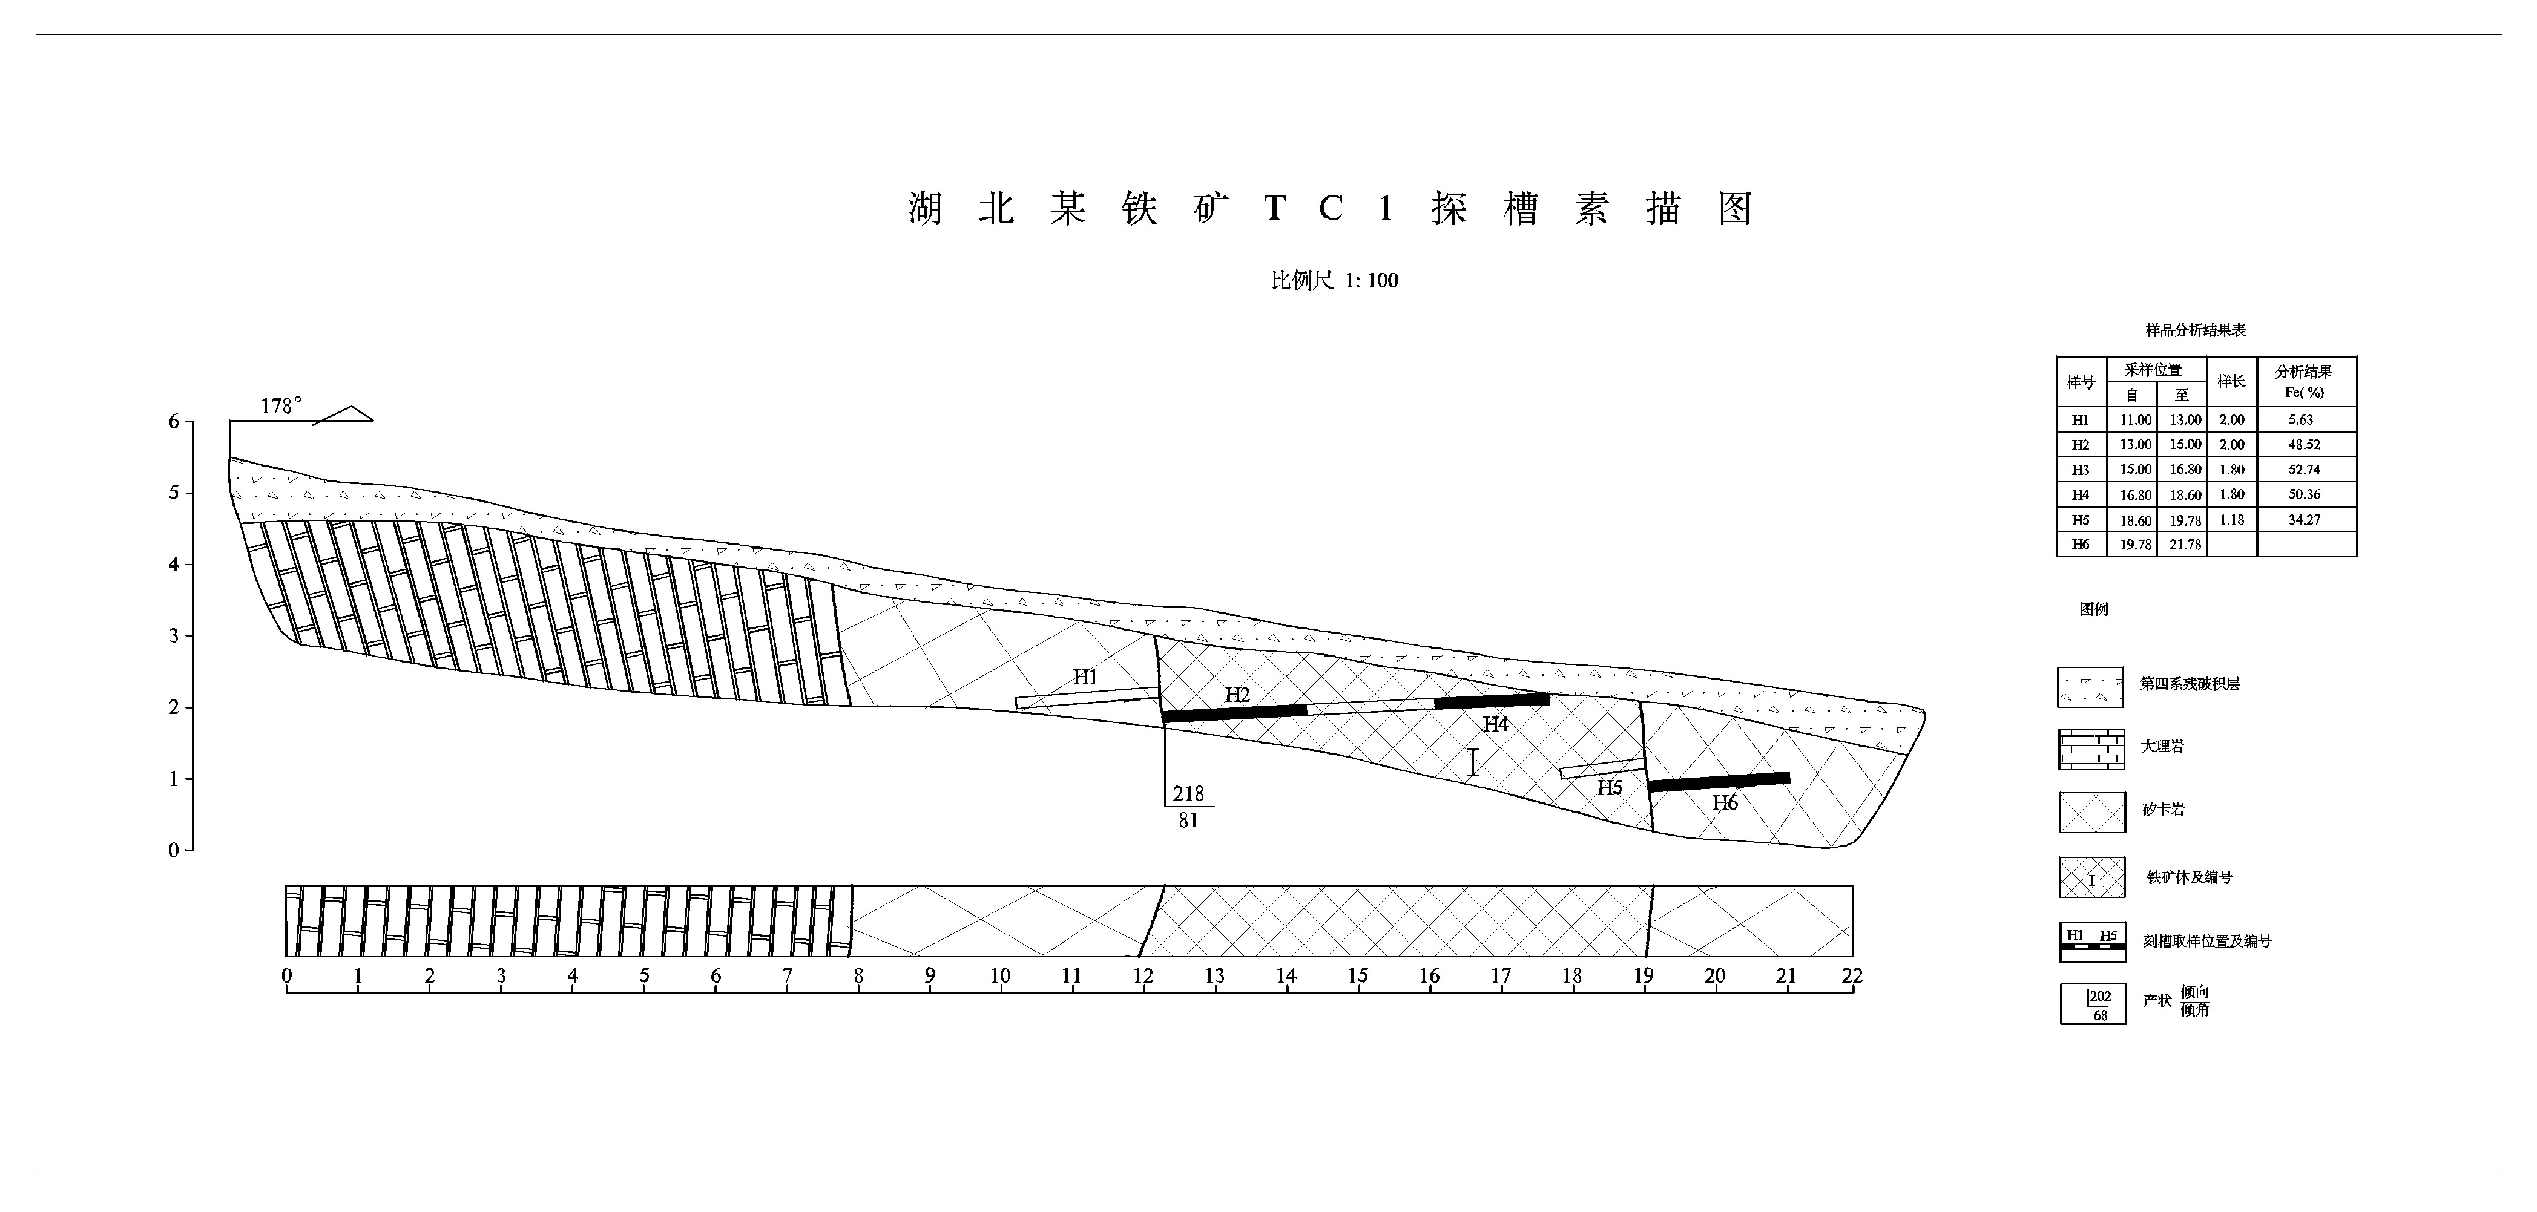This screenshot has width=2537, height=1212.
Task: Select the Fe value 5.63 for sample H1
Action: pyautogui.click(x=2302, y=419)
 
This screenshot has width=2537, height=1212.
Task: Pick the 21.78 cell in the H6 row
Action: pyautogui.click(x=2185, y=545)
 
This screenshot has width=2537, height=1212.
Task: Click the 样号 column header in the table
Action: pyautogui.click(x=2080, y=382)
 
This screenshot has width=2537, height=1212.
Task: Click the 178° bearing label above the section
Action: pyautogui.click(x=281, y=405)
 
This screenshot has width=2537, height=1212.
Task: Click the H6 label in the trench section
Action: pyautogui.click(x=1725, y=802)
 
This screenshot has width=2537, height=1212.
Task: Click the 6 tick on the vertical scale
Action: pyautogui.click(x=174, y=421)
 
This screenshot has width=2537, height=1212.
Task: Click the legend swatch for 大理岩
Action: pyautogui.click(x=2091, y=748)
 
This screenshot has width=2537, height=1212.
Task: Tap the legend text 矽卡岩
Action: pyautogui.click(x=2163, y=810)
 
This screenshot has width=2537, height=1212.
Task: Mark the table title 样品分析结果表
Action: pyautogui.click(x=2195, y=330)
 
